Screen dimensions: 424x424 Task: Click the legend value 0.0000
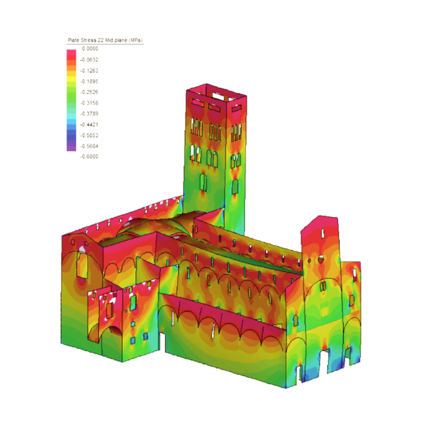point(90,48)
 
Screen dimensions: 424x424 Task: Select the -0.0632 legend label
point(89,60)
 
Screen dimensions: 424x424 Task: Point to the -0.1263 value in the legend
point(89,71)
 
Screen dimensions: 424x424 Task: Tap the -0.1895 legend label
point(89,81)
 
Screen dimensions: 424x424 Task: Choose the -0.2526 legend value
point(89,92)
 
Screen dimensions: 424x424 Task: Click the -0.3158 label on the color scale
point(89,103)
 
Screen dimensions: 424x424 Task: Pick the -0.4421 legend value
point(89,124)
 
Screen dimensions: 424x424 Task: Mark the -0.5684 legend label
point(89,146)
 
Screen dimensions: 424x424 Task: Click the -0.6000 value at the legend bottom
point(89,157)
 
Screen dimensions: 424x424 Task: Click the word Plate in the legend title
point(74,40)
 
